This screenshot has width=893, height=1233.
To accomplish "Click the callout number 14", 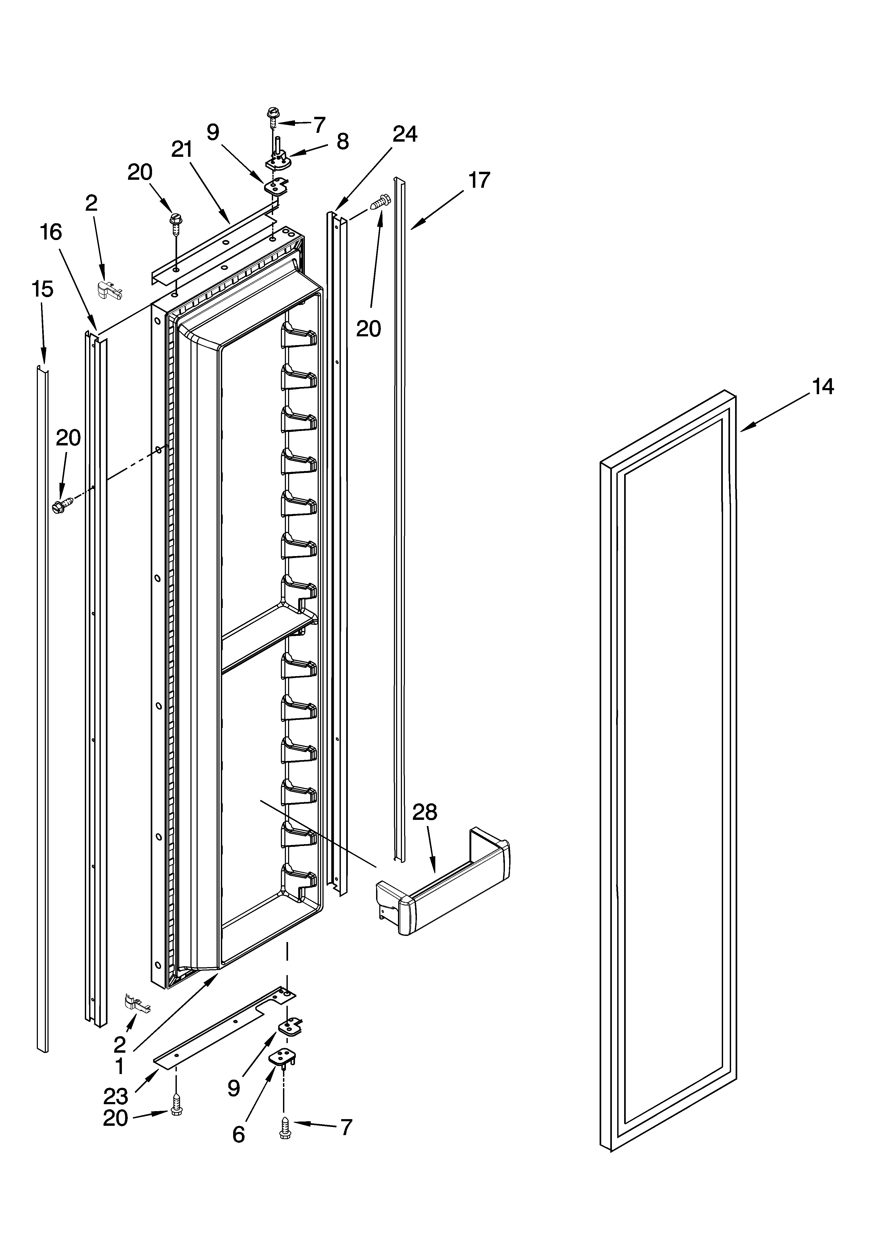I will point(823,387).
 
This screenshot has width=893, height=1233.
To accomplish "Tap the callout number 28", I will point(425,827).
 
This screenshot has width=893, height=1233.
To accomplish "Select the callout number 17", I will point(479,180).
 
